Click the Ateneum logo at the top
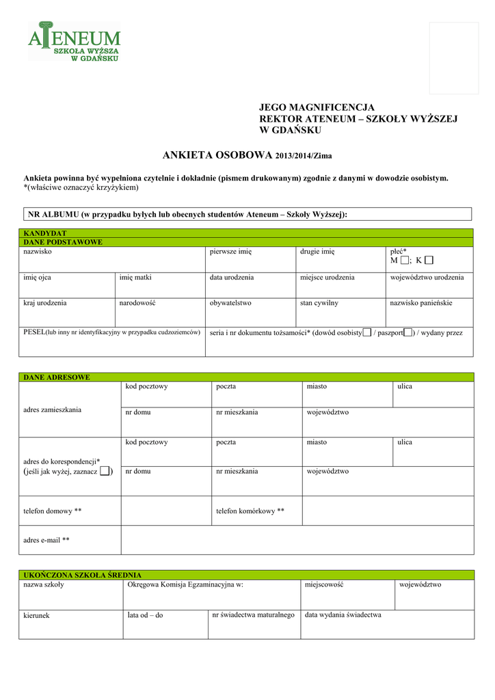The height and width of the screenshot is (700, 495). point(74,42)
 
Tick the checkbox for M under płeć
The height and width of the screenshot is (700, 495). point(405,260)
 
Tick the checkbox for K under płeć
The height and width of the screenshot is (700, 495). point(429,260)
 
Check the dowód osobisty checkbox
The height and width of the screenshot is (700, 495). point(367,333)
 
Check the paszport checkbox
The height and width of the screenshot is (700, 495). point(407,333)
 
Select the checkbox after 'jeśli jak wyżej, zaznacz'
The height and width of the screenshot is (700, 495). point(105,471)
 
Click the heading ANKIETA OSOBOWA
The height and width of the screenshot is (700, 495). point(217,155)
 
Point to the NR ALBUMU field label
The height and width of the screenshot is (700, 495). point(187,214)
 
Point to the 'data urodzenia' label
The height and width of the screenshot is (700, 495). point(232,278)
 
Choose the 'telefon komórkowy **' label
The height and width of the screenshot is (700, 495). point(250,511)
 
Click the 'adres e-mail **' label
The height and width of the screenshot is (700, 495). point(46,540)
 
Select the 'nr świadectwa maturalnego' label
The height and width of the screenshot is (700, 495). point(253,615)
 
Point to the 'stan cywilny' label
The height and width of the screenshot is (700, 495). point(319,302)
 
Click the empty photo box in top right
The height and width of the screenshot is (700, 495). point(453,58)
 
